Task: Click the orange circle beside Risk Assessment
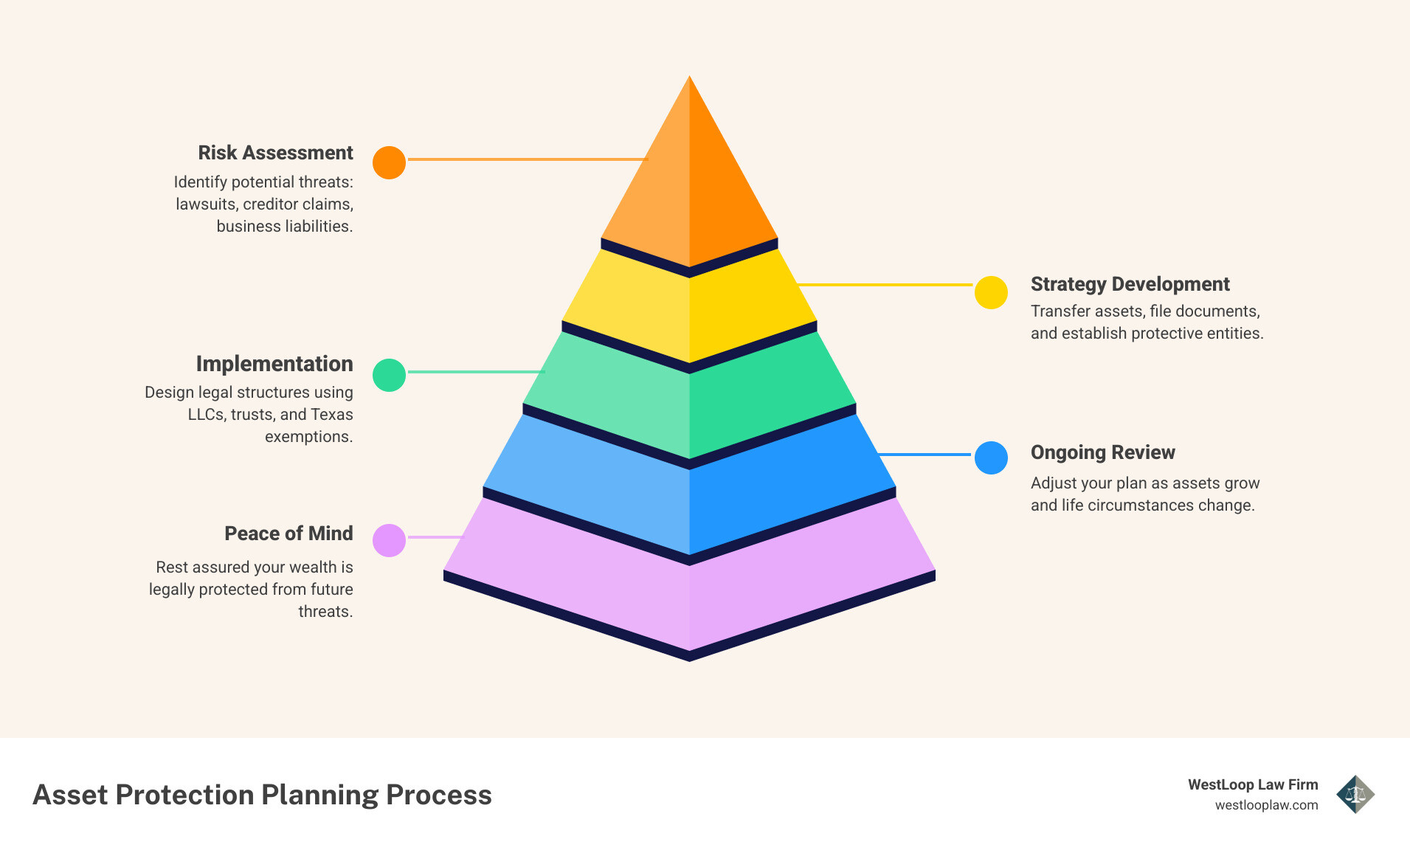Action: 389,162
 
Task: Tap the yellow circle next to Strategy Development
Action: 991,293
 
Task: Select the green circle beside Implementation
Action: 389,375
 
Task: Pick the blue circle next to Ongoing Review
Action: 991,458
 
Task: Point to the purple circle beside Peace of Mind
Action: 389,540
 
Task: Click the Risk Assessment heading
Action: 275,153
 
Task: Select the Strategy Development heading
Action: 1130,284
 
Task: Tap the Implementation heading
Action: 274,364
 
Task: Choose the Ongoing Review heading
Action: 1102,452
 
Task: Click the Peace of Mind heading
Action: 288,534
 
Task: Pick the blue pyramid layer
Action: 689,494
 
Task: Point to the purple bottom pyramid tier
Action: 689,590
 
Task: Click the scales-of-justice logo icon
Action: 1355,794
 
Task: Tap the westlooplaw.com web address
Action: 1266,805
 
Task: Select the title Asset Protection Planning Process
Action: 262,795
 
